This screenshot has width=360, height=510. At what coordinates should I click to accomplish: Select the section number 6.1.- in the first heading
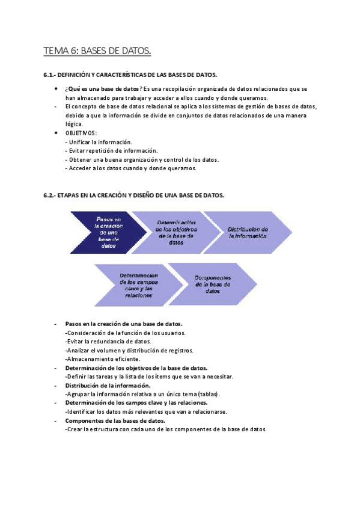(x=49, y=75)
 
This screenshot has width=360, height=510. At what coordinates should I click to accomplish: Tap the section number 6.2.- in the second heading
(x=49, y=195)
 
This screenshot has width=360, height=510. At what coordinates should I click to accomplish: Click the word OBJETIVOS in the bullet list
(x=81, y=132)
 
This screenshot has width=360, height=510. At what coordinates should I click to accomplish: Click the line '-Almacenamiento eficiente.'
(x=103, y=358)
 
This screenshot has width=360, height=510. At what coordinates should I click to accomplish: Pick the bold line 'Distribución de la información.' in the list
(x=108, y=385)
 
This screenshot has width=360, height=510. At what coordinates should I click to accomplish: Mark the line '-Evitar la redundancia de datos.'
(x=108, y=341)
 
